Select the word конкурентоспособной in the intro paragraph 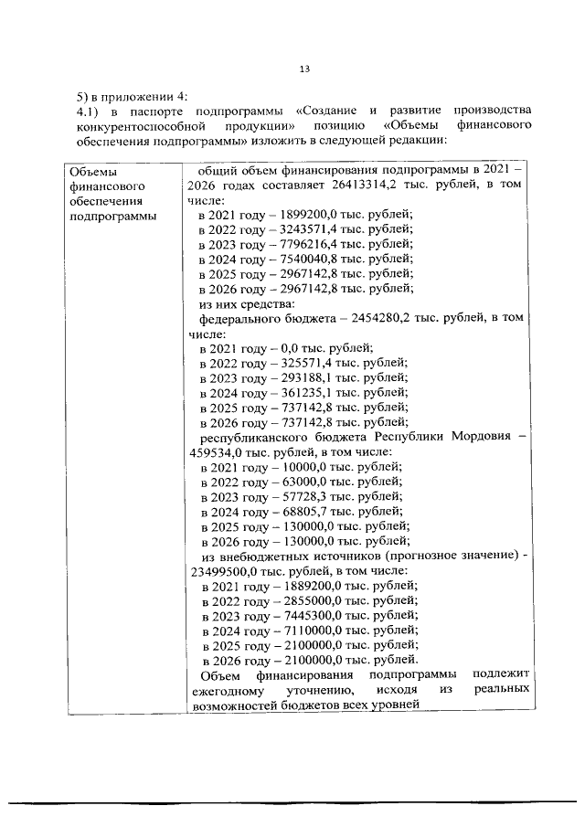pyautogui.click(x=137, y=125)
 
